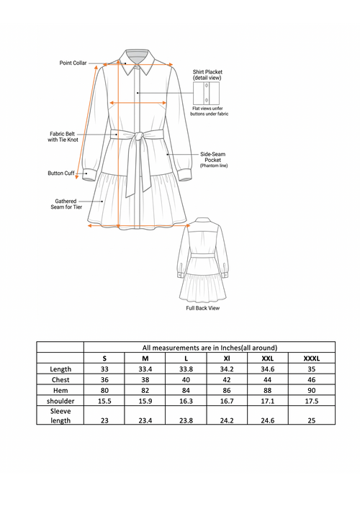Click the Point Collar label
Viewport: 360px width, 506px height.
pyautogui.click(x=73, y=63)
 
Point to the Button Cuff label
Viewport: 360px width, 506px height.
pyautogui.click(x=61, y=173)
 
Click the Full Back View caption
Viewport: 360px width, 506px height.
pyautogui.click(x=202, y=308)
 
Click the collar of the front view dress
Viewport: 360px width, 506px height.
pyautogui.click(x=137, y=60)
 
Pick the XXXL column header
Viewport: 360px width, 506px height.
pyautogui.click(x=312, y=358)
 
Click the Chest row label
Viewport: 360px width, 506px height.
pyautogui.click(x=60, y=380)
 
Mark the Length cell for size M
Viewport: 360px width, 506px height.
pyautogui.click(x=145, y=369)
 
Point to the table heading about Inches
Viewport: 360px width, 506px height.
pyautogui.click(x=210, y=347)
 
